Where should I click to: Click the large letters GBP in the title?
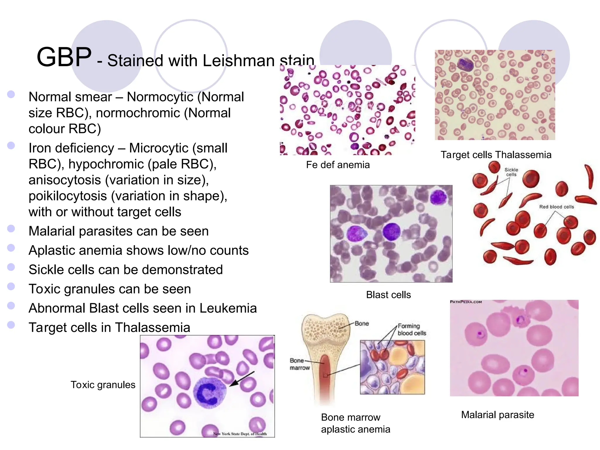[x=64, y=57]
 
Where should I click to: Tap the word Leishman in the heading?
[x=238, y=61]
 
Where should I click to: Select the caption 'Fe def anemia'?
[x=338, y=165]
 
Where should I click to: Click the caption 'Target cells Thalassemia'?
[x=496, y=155]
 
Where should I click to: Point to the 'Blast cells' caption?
[x=388, y=295]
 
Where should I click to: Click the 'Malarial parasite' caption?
[x=497, y=415]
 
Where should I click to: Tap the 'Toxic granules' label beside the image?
[x=103, y=385]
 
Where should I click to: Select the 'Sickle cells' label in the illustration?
[x=511, y=172]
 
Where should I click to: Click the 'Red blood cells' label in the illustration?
[x=556, y=207]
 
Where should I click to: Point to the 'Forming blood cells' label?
[x=411, y=330]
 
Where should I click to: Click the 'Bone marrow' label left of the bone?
[x=299, y=364]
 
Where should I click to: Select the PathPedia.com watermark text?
[x=466, y=302]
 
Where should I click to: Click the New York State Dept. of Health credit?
[x=240, y=434]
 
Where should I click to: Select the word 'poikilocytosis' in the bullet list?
[x=68, y=196]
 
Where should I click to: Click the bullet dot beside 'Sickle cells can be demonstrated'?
[x=11, y=267]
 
